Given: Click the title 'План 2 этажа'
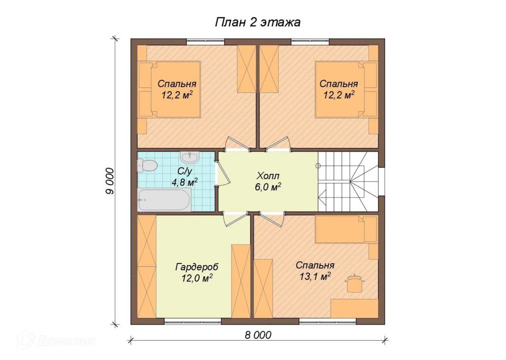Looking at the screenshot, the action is tap(257, 22).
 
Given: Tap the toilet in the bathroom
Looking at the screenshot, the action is tap(147, 166).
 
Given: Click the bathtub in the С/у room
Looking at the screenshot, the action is tap(164, 200).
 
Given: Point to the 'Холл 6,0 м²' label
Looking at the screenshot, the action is tap(268, 181).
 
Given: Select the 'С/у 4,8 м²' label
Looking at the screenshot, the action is tap(185, 177).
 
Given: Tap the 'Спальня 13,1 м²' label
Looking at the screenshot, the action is tap(315, 270).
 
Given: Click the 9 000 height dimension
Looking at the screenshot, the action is tap(110, 181).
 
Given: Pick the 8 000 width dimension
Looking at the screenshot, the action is tap(258, 335).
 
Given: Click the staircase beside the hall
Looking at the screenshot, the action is tap(348, 182).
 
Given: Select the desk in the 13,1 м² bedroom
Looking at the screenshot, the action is tap(355, 308).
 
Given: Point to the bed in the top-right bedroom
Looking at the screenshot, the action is tap(346, 89).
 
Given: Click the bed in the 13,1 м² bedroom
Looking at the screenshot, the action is tap(346, 229).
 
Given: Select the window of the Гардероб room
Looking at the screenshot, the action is tap(193, 321).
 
